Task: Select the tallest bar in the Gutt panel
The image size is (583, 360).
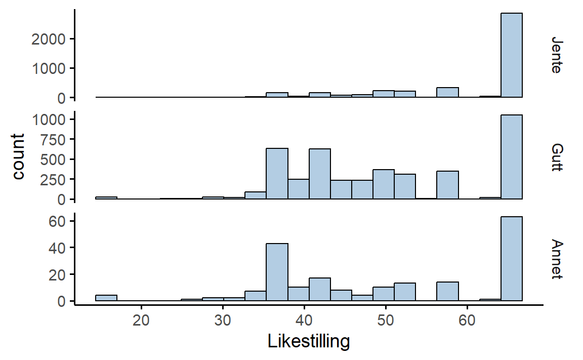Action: (511, 157)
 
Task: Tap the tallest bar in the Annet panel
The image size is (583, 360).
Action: (511, 259)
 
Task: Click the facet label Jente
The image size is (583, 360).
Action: (556, 55)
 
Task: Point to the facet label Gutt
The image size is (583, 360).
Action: (556, 157)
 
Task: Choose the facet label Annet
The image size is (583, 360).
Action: (556, 259)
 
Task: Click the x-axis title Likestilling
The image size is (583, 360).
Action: (308, 342)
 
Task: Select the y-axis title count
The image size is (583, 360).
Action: (18, 156)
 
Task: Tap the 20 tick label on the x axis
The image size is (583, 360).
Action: (142, 321)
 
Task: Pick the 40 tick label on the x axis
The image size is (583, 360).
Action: (304, 321)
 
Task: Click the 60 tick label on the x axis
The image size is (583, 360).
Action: (467, 321)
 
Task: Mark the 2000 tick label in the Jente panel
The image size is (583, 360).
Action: (48, 39)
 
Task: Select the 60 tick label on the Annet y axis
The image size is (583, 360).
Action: (59, 221)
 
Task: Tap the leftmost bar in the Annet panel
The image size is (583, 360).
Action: (106, 298)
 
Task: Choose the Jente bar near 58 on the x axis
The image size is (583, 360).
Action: (447, 92)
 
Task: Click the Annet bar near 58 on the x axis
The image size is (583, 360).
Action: (447, 292)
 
